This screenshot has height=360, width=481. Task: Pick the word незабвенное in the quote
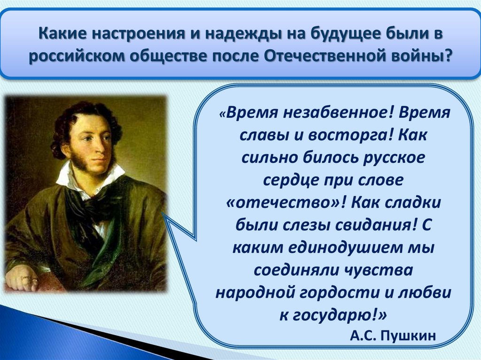click(337, 113)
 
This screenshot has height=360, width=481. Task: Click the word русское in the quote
click(394, 158)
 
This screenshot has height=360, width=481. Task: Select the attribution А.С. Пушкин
click(393, 336)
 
